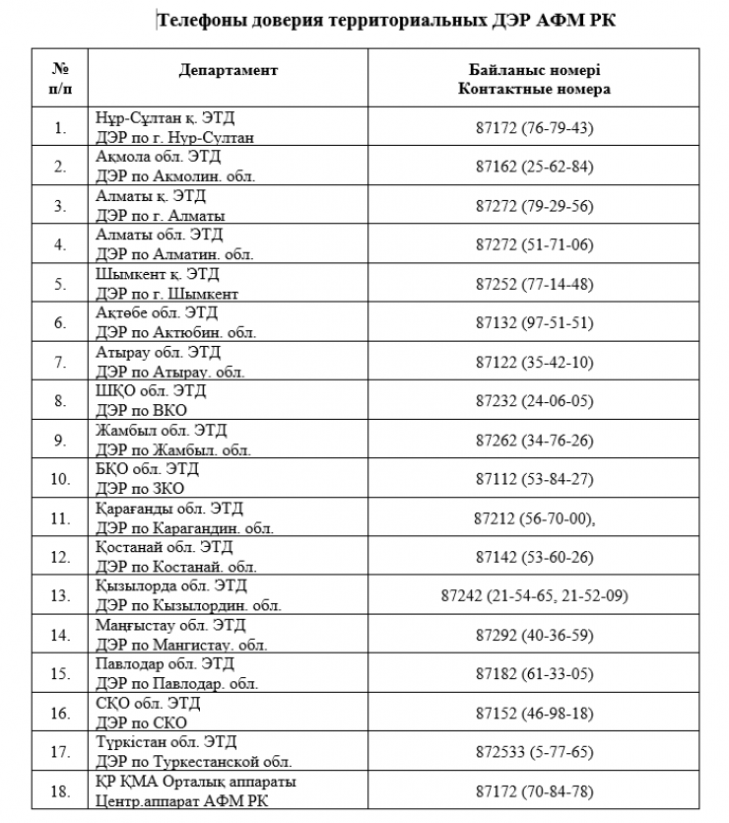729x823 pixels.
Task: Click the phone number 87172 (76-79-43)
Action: [534, 128]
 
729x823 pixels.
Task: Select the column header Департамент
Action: [229, 71]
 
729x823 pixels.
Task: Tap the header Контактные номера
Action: [534, 89]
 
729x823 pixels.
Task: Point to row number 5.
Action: [60, 284]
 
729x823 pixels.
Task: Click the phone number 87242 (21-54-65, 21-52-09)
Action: [534, 596]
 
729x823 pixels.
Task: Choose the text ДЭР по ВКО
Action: [142, 410]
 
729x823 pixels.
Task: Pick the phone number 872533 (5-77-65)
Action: [534, 752]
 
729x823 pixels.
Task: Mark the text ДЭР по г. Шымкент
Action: [167, 294]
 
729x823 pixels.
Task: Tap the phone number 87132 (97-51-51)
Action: [534, 323]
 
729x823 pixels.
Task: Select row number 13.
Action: [60, 596]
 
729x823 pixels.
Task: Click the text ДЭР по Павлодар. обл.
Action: [177, 683]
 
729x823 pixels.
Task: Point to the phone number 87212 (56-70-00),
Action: [534, 517]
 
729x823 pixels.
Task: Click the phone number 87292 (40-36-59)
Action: [534, 635]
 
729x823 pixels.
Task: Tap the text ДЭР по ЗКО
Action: [141, 488]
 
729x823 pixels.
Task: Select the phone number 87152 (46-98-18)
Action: [534, 713]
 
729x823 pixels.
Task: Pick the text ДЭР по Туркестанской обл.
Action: [194, 762]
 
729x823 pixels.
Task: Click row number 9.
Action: [60, 440]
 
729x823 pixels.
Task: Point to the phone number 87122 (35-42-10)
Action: [534, 362]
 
